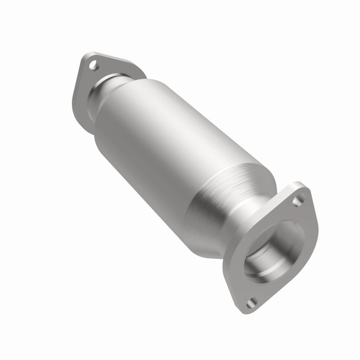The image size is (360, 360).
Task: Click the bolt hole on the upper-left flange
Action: coord(93,67)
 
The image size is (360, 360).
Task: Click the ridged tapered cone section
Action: coord(225,189)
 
